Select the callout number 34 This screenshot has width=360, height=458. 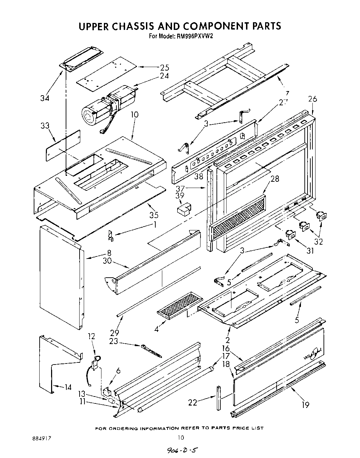tap(44, 98)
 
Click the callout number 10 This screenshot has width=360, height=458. tap(134, 114)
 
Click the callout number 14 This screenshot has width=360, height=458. tap(68, 387)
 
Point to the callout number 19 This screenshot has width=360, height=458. tap(305, 404)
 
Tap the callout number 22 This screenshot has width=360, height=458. tap(193, 402)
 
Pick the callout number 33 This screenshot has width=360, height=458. tap(45, 126)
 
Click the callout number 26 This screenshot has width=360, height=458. tap(312, 99)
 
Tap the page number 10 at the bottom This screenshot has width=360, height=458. tap(181, 437)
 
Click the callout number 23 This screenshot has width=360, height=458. tap(114, 341)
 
